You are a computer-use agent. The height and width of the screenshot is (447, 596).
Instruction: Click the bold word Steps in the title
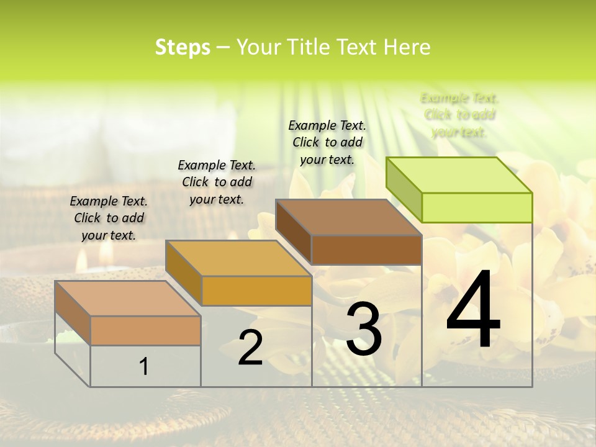tap(183, 47)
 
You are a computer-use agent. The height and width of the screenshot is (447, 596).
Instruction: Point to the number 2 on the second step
tap(250, 348)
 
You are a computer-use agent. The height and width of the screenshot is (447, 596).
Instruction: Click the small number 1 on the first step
tap(144, 367)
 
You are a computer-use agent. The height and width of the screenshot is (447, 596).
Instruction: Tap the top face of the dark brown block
tap(348, 217)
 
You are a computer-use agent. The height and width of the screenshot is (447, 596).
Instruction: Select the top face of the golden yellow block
tap(238, 258)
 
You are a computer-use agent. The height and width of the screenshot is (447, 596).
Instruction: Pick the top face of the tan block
tap(127, 299)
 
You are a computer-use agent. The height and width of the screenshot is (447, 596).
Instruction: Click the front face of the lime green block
tap(477, 207)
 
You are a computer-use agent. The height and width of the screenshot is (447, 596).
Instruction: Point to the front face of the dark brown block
tap(366, 250)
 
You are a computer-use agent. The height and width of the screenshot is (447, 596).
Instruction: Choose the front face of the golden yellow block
tap(256, 291)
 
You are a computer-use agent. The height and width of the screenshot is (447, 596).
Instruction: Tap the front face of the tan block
tap(145, 330)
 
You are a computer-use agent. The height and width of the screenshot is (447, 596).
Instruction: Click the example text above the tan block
tap(109, 218)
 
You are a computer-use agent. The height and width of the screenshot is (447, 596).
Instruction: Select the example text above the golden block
tap(217, 182)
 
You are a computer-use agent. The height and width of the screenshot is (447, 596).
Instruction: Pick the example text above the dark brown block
tap(327, 142)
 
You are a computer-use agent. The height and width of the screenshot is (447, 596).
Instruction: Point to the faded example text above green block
tap(459, 114)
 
